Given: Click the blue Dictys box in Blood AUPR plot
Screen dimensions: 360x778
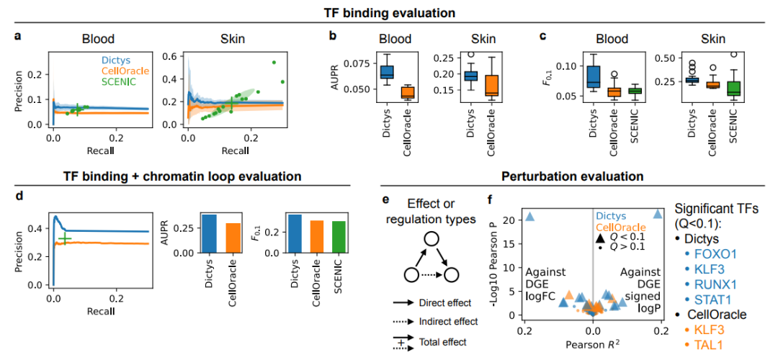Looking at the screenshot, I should [x=387, y=71].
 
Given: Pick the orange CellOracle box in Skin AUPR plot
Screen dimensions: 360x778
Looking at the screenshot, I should [x=491, y=85].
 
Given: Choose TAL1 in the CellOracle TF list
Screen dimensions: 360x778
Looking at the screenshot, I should [x=711, y=344].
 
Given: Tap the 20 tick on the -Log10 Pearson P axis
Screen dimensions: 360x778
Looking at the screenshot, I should [x=510, y=220].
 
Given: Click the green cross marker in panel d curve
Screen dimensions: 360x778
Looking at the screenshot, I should [x=65, y=238].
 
